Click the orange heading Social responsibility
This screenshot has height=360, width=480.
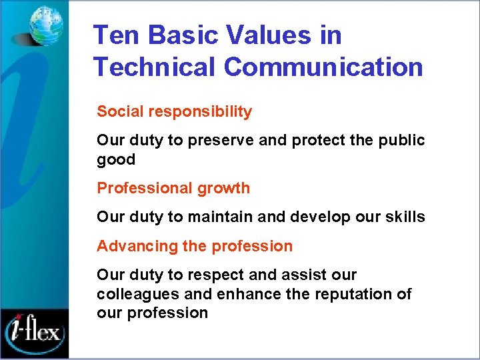pyautogui.click(x=175, y=112)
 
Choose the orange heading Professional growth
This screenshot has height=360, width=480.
pyautogui.click(x=173, y=189)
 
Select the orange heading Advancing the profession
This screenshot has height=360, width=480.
pyautogui.click(x=195, y=247)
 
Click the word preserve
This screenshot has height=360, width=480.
pyautogui.click(x=214, y=141)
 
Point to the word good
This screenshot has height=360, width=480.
pyautogui.click(x=116, y=160)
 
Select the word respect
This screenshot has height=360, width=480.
pyautogui.click(x=214, y=275)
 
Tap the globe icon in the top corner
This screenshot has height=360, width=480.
pyautogui.click(x=45, y=25)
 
